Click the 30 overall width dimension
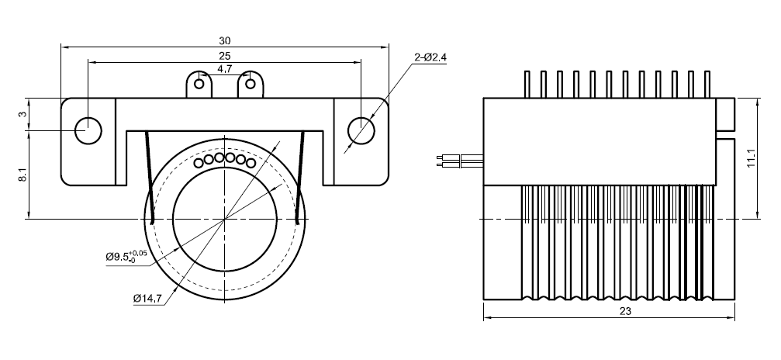(x=225, y=40)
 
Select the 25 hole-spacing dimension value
(x=225, y=56)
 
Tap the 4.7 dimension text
(x=225, y=69)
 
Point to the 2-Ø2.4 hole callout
(x=430, y=57)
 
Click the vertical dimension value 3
(x=22, y=114)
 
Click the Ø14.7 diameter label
(x=147, y=297)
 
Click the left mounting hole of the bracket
(x=88, y=130)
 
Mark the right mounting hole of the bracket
(x=361, y=130)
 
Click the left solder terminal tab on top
(x=200, y=83)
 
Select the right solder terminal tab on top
(x=251, y=83)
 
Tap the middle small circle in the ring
(x=219, y=158)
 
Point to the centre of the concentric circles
(x=225, y=220)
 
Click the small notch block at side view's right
(x=727, y=114)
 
